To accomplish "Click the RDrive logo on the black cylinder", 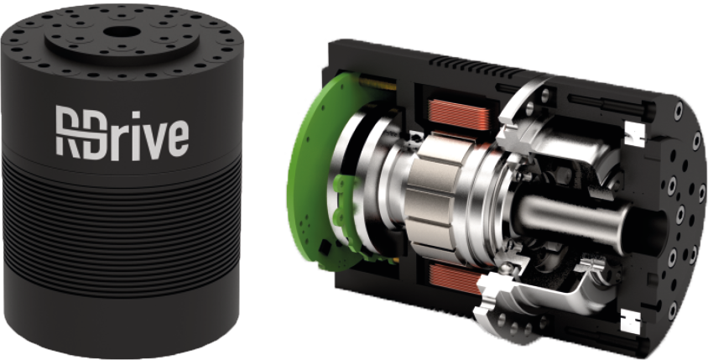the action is click(x=122, y=133).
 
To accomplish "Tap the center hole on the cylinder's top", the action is click(x=119, y=33).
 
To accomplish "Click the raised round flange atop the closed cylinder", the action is click(x=122, y=42).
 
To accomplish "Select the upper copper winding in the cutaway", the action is click(x=456, y=115).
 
